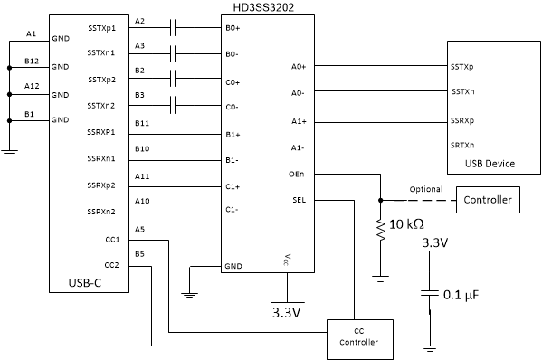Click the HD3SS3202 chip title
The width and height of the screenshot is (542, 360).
pos(267,6)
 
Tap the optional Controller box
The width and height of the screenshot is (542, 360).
pos(487,199)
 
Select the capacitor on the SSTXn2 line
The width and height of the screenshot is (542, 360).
pos(172,106)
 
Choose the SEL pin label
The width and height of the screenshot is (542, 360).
pos(299,199)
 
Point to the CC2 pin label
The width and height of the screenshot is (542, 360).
pos(111,265)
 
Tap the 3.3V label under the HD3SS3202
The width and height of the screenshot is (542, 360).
pos(286,314)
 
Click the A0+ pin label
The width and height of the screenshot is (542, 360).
pos(298,67)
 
